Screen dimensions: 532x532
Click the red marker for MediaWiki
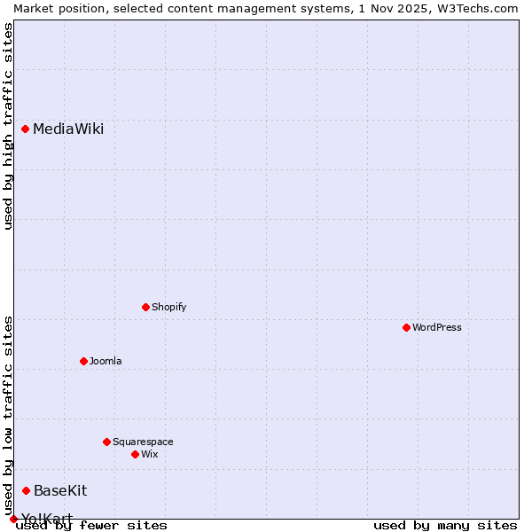pyautogui.click(x=26, y=129)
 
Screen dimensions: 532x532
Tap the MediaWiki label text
pyautogui.click(x=68, y=129)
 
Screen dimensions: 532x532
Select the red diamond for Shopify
pyautogui.click(x=145, y=308)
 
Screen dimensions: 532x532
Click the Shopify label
pyautogui.click(x=168, y=308)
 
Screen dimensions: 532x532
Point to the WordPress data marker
pyautogui.click(x=406, y=328)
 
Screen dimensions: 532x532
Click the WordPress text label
pyautogui.click(x=436, y=328)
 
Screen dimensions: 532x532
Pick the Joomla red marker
pyautogui.click(x=83, y=362)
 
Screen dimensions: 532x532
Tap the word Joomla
pyautogui.click(x=106, y=362)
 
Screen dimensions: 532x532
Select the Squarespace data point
pyautogui.click(x=106, y=442)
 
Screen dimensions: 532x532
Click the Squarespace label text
pyautogui.click(x=143, y=442)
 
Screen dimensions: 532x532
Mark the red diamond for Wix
pyautogui.click(x=135, y=455)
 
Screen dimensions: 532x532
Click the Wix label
pyautogui.click(x=149, y=455)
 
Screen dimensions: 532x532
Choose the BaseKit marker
pyautogui.click(x=27, y=491)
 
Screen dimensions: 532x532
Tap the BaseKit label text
pyautogui.click(x=60, y=491)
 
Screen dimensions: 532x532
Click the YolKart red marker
pyautogui.click(x=13, y=519)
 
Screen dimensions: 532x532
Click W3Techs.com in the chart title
pyautogui.click(x=482, y=8)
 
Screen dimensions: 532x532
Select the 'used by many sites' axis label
pyautogui.click(x=445, y=526)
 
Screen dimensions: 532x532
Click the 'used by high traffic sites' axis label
pyautogui.click(x=9, y=126)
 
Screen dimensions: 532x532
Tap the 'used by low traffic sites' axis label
pyautogui.click(x=9, y=416)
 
